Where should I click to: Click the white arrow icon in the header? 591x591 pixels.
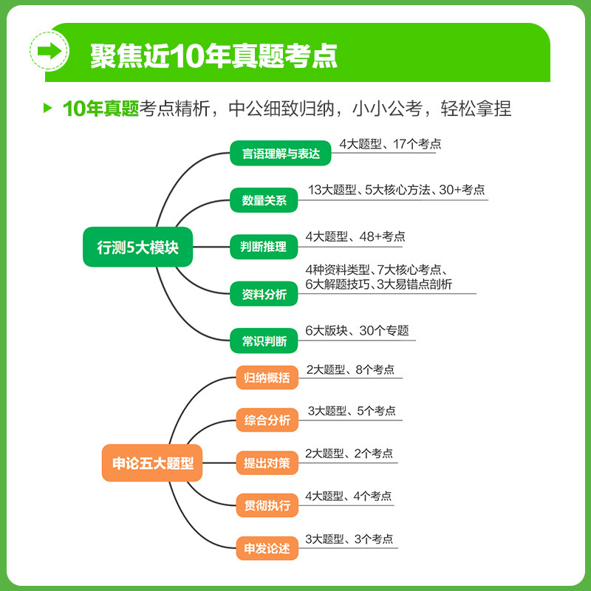[x=49, y=52]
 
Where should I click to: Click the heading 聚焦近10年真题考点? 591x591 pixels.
[x=214, y=53]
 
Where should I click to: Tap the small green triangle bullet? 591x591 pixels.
[x=48, y=109]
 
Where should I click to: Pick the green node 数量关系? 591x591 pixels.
[x=264, y=200]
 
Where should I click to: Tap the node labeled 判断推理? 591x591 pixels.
[x=263, y=247]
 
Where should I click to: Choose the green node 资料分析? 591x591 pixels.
[x=264, y=295]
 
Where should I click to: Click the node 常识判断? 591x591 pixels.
[x=264, y=342]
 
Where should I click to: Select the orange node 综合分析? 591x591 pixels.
[x=267, y=421]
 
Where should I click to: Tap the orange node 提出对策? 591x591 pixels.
[x=267, y=464]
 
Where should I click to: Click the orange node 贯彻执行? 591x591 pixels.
[x=267, y=506]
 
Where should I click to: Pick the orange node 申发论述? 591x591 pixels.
[x=267, y=549]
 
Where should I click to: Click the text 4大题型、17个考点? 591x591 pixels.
[x=390, y=144]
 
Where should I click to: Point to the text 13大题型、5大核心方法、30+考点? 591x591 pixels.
[x=397, y=190]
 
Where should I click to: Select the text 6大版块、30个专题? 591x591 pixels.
[x=357, y=331]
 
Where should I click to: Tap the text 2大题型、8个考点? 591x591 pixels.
[x=355, y=369]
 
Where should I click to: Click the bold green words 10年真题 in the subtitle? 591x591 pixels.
[x=101, y=109]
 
